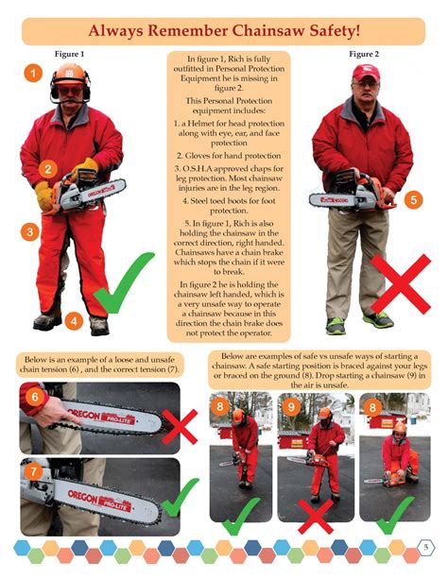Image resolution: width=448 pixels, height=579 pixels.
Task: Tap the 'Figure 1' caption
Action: click(69, 54)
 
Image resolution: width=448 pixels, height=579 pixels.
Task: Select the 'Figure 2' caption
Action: click(363, 54)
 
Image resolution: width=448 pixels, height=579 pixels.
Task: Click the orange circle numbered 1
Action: click(32, 72)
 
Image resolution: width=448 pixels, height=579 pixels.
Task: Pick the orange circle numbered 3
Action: click(30, 230)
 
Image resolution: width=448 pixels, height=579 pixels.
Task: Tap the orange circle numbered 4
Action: click(75, 321)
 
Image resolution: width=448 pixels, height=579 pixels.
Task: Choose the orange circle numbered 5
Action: click(412, 200)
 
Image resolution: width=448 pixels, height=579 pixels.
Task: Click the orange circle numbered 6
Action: click(34, 398)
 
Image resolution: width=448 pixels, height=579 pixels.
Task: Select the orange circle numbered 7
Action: click(34, 468)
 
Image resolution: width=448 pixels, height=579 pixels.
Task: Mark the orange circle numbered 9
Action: click(291, 407)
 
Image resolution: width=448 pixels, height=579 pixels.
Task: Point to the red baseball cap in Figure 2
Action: click(365, 73)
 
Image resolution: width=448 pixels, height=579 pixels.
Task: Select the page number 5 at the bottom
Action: click(426, 549)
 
